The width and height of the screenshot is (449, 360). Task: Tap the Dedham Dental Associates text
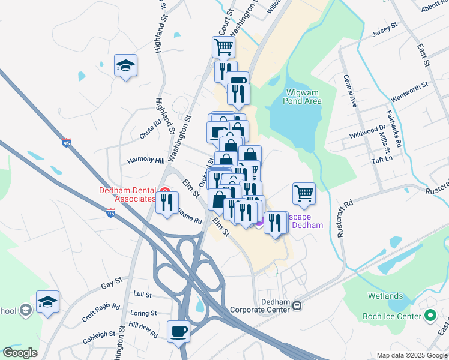click(127, 195)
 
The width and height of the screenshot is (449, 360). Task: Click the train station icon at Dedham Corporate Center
click(297, 305)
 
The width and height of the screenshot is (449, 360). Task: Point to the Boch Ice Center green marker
click(430, 316)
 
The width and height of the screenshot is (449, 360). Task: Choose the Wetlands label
click(385, 296)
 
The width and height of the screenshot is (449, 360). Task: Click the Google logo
click(20, 353)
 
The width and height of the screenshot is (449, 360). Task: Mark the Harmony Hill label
click(146, 161)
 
